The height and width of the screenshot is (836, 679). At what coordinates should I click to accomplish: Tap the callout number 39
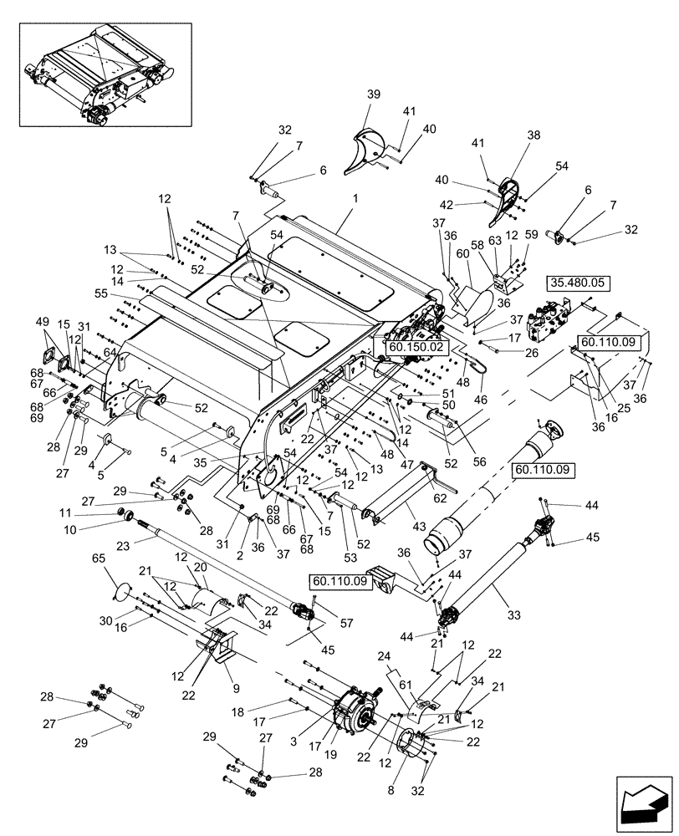[372, 94]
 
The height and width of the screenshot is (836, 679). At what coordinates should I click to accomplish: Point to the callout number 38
[533, 135]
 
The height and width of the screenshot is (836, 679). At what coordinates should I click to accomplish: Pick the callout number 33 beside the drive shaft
[513, 614]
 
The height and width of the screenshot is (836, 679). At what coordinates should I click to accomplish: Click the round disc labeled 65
[121, 591]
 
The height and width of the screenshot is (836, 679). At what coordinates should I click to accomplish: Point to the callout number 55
[125, 295]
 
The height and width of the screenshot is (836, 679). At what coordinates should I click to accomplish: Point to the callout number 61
[405, 685]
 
